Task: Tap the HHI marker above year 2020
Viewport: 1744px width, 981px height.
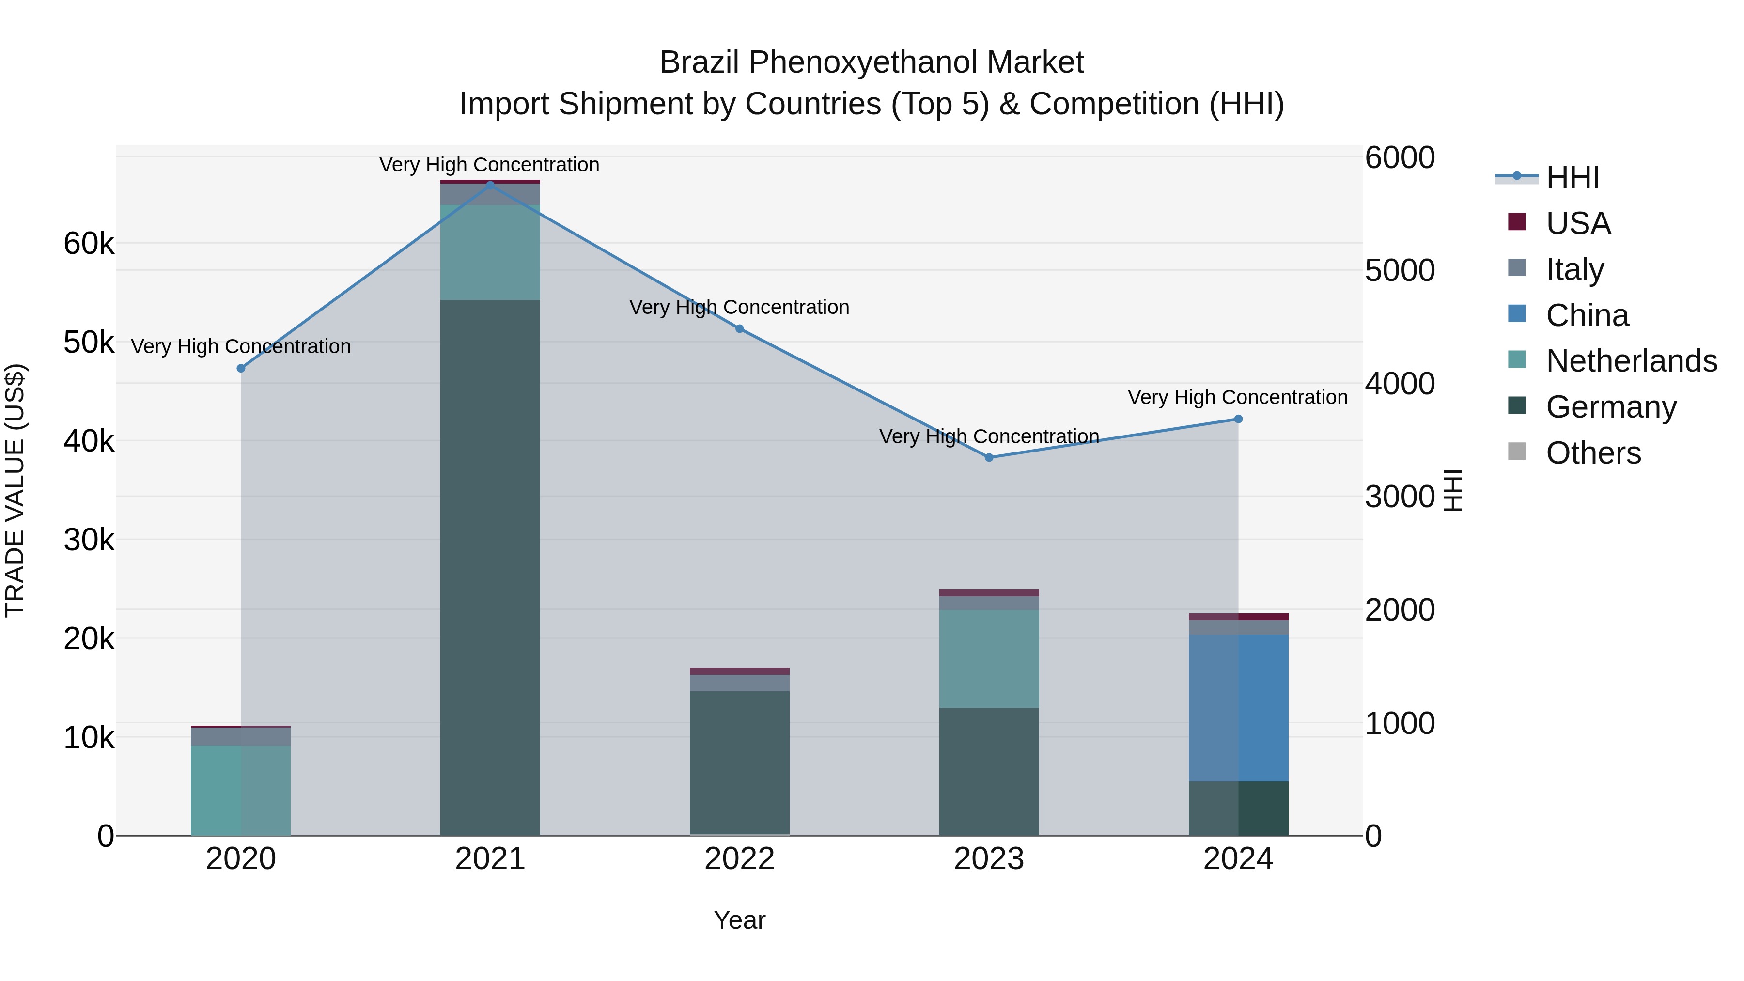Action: (x=241, y=368)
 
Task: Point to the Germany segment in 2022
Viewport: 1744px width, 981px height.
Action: (x=739, y=763)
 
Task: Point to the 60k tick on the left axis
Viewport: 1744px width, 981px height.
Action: (x=89, y=244)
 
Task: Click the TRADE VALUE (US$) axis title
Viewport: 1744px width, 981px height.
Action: (x=15, y=490)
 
